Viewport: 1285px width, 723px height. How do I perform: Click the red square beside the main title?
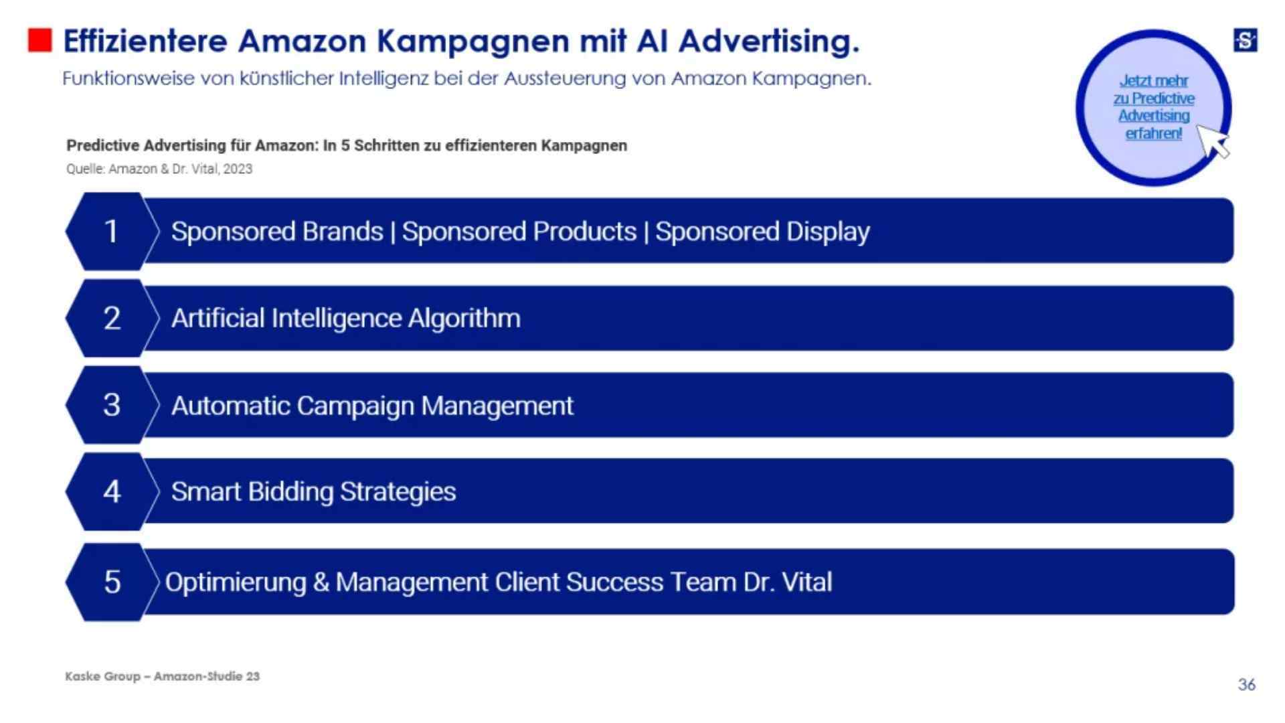point(39,40)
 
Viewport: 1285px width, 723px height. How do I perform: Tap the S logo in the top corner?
point(1245,40)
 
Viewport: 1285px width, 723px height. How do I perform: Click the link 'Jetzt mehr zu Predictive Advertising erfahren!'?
point(1153,107)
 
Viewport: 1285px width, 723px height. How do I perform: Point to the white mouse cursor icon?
point(1213,141)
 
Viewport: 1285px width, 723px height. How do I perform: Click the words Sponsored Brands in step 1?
point(277,232)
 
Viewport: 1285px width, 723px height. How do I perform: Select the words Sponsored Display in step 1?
point(762,232)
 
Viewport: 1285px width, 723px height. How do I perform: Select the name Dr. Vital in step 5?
point(788,582)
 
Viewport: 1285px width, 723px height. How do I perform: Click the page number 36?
point(1246,684)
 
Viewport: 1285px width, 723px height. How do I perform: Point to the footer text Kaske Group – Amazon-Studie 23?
point(163,676)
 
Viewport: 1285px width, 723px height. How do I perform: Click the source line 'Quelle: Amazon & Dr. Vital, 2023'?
point(159,169)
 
